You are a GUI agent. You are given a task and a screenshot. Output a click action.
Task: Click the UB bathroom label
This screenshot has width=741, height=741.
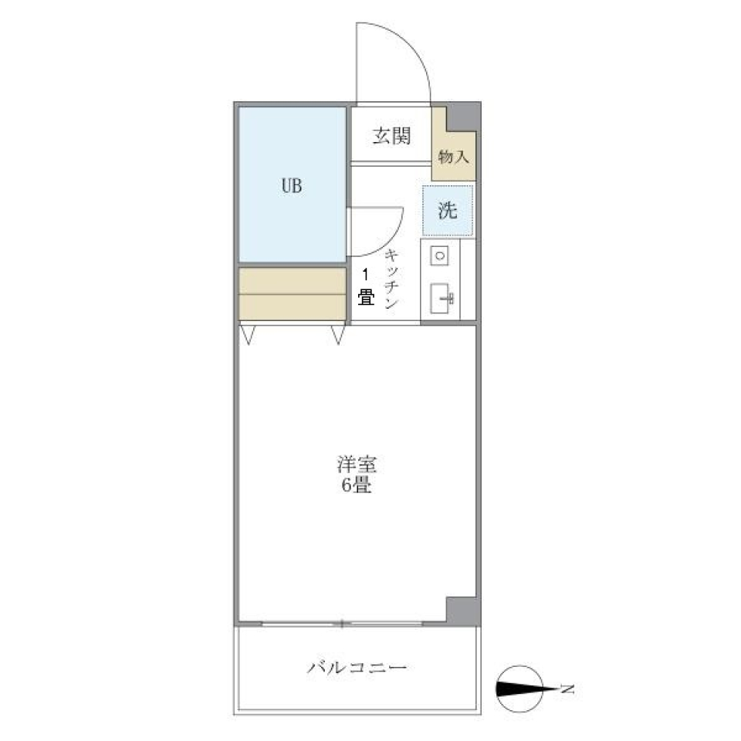click(x=291, y=185)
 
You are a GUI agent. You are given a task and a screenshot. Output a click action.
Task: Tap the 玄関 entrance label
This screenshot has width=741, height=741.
click(x=391, y=136)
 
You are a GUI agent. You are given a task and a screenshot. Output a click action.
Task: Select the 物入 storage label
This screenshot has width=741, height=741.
click(x=453, y=157)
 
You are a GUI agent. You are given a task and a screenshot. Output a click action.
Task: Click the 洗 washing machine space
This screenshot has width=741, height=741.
click(x=448, y=211)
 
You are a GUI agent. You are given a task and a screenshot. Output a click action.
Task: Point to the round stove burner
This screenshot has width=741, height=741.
click(x=439, y=255)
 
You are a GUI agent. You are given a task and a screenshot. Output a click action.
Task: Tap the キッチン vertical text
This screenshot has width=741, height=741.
click(x=391, y=279)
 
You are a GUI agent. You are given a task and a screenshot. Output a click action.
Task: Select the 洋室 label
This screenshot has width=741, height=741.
click(x=356, y=465)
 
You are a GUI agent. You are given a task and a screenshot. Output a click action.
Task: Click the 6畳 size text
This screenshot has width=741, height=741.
click(x=356, y=486)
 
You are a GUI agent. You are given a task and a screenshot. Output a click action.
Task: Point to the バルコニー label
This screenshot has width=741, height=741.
click(x=357, y=668)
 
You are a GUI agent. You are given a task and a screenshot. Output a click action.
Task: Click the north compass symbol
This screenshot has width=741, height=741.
click(x=517, y=688)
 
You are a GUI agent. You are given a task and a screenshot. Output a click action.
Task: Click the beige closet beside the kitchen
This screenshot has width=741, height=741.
click(x=292, y=293)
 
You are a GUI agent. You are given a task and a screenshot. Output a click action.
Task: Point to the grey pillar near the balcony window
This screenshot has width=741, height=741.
click(x=461, y=609)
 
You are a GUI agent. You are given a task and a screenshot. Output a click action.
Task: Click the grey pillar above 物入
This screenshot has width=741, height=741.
click(x=463, y=116)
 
